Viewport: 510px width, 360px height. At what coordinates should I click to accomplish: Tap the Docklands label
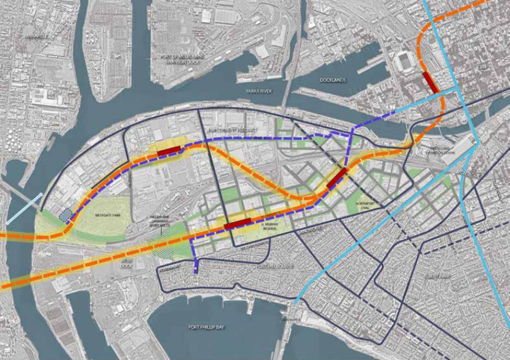pyautogui.click(x=333, y=80)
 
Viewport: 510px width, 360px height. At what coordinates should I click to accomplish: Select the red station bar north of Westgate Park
pyautogui.click(x=168, y=151)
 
